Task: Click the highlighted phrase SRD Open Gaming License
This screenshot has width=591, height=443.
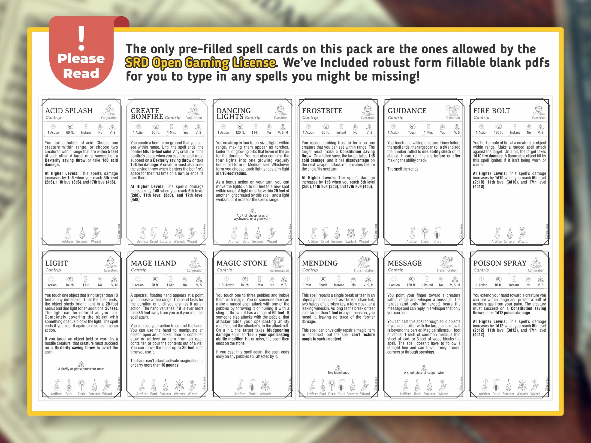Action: pos(200,63)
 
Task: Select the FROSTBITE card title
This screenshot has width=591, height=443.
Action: pos(322,111)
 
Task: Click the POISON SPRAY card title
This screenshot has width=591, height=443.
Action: pos(500,263)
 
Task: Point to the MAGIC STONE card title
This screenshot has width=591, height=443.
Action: pos(241,263)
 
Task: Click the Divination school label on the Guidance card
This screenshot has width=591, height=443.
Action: pos(453,118)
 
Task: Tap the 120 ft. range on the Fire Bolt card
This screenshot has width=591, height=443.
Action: pos(498,132)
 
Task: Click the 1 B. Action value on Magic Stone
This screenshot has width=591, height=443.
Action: pos(226,285)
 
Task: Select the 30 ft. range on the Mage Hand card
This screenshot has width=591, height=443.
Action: pos(155,285)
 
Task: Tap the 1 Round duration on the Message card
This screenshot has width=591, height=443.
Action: pos(427,285)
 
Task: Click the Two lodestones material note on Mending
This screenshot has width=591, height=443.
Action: pos(338,372)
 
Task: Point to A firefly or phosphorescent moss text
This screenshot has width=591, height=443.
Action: pos(81,369)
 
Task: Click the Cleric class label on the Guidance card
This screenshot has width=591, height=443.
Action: pos(425,241)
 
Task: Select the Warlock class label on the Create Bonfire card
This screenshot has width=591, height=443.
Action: pos(179,241)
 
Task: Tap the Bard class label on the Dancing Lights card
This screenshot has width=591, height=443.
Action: pos(246,241)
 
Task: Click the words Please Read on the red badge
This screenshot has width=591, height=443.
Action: pos(81,66)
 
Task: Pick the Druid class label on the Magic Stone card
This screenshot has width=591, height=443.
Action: pos(253,394)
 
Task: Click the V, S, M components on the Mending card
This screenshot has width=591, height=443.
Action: pos(368,285)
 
